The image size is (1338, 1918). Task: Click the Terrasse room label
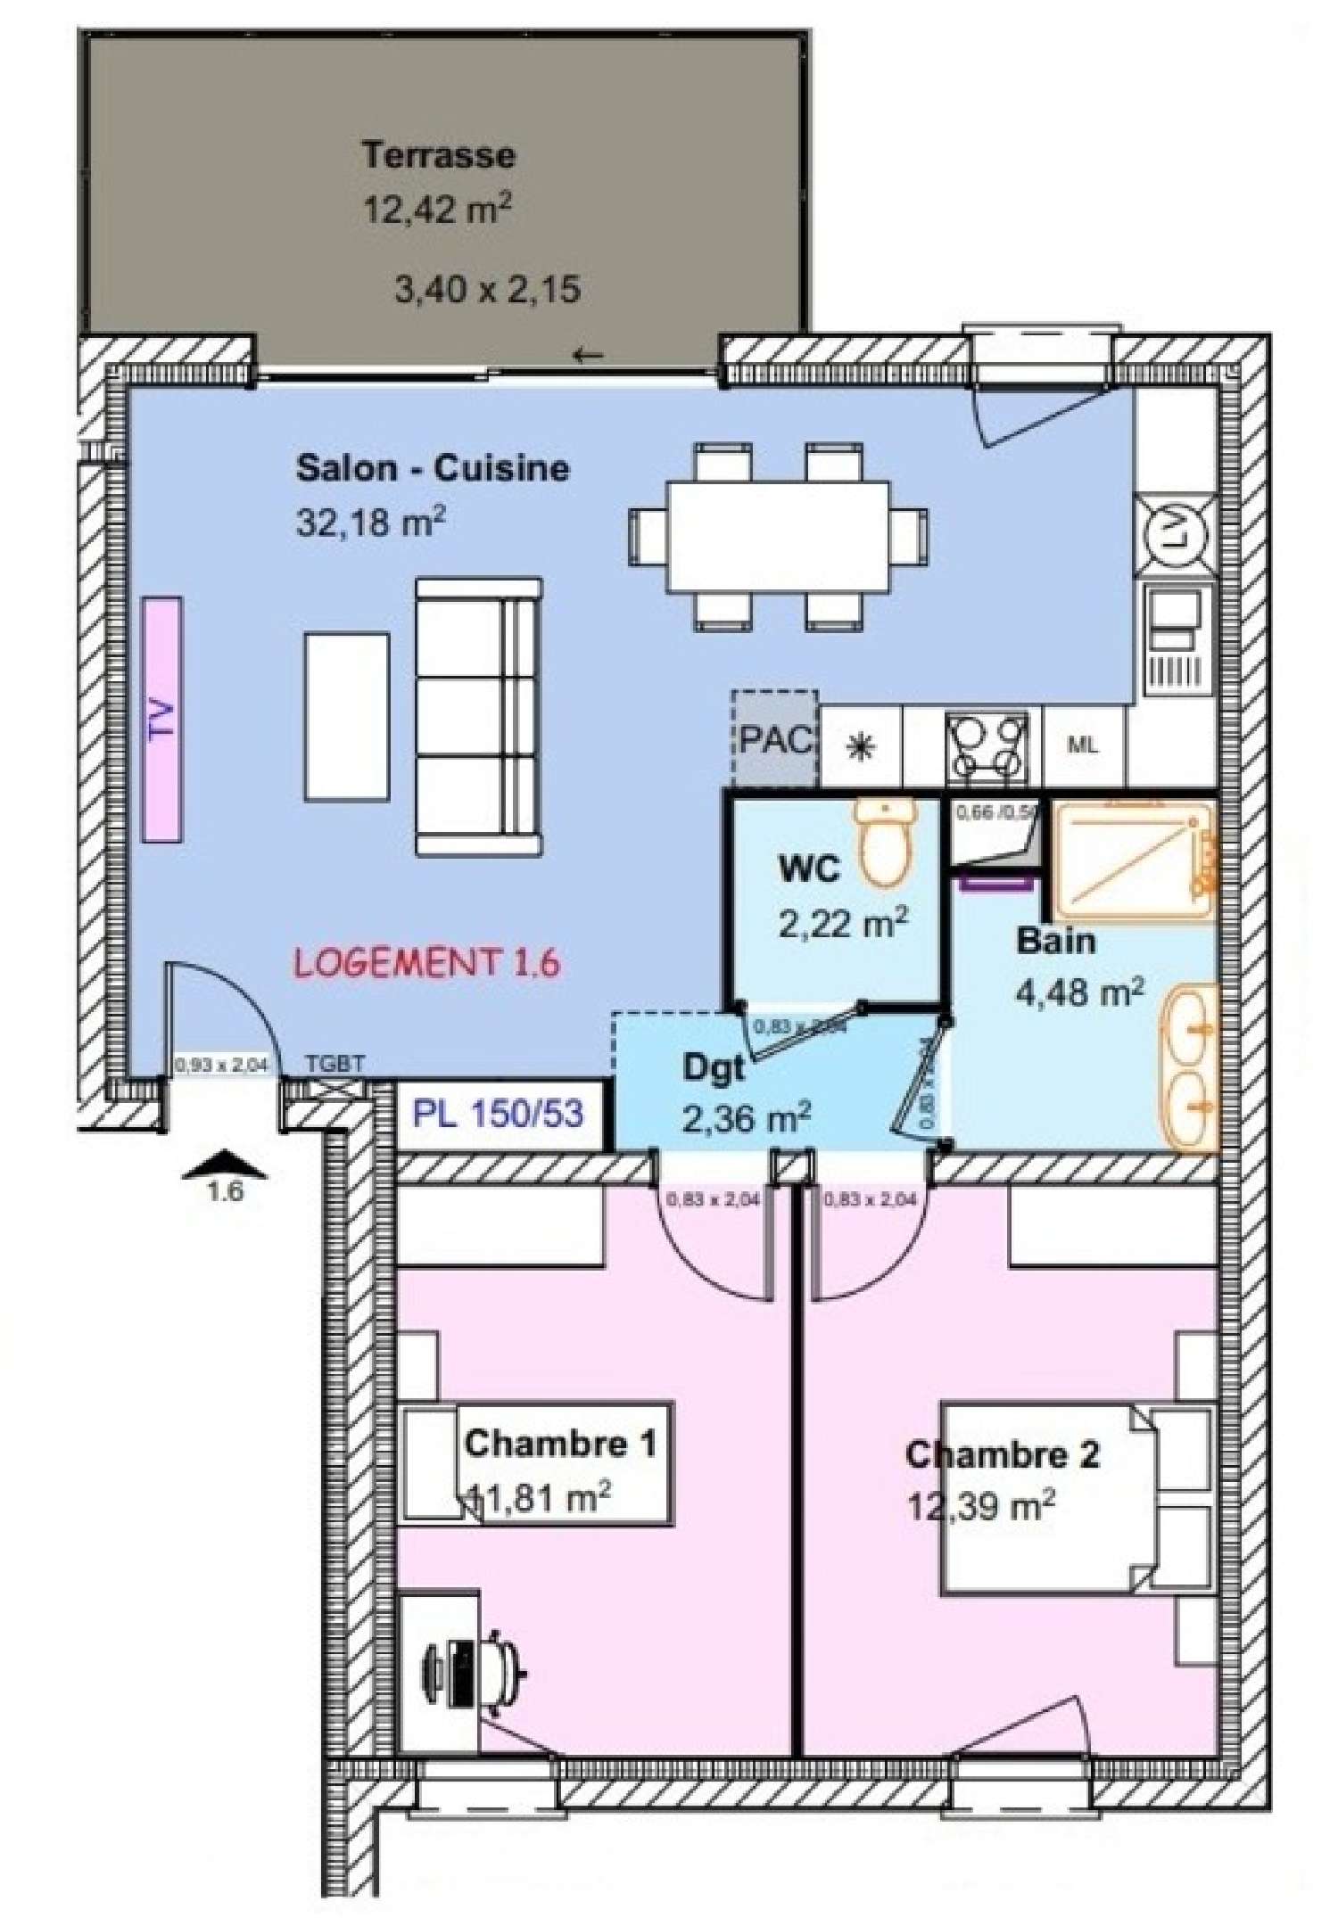[438, 155]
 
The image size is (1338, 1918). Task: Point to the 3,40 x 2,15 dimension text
[487, 290]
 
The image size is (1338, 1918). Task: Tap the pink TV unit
[162, 719]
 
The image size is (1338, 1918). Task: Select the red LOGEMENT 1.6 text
[427, 963]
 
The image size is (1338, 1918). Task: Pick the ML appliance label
[1082, 745]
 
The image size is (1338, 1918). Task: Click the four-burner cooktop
[987, 745]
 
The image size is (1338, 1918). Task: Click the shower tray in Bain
[1131, 861]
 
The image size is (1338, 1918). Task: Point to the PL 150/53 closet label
[498, 1114]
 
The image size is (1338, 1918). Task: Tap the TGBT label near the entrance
[334, 1064]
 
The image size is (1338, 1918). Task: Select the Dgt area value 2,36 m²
[746, 1118]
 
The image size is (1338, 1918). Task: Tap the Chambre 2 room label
[1002, 1454]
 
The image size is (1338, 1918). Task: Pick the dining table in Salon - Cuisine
[777, 537]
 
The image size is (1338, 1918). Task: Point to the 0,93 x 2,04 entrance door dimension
[220, 1064]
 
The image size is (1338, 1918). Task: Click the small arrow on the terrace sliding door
[588, 356]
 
